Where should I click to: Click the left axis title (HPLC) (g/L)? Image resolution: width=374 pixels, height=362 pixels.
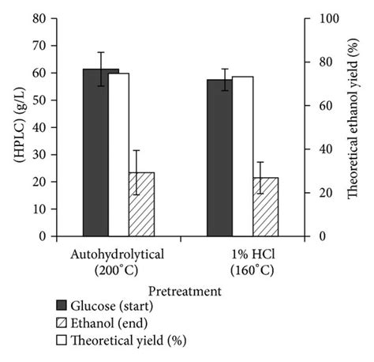pos(14,127)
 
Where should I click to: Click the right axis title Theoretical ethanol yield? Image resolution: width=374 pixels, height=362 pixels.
pos(353,126)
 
